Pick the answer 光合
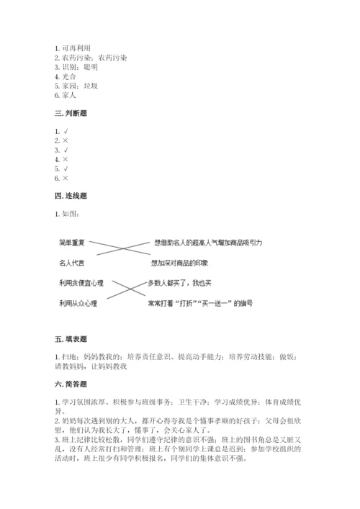[x=70, y=76]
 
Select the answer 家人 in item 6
[x=70, y=94]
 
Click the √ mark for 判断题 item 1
[x=66, y=131]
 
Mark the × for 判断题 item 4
[x=66, y=159]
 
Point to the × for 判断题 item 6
[x=66, y=178]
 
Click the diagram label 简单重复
[x=73, y=245]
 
